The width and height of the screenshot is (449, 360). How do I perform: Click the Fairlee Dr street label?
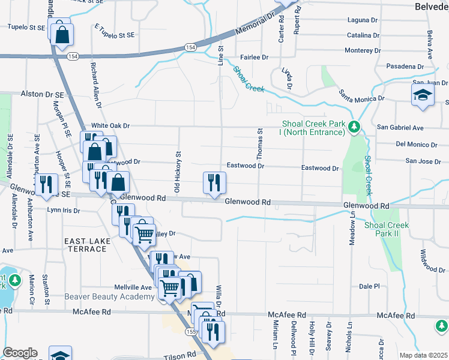tap(254, 58)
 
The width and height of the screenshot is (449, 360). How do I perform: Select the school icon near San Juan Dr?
tap(423, 94)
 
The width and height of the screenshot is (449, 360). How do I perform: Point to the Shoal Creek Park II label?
tap(387, 229)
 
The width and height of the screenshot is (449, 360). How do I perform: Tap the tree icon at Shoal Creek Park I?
tap(355, 126)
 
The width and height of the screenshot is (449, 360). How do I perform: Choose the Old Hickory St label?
tap(178, 172)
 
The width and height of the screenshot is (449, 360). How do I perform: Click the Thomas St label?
tap(260, 143)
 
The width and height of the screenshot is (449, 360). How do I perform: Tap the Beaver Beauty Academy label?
tap(109, 297)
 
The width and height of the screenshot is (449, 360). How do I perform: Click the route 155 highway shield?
tap(191, 331)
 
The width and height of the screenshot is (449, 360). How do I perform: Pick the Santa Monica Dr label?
tap(361, 95)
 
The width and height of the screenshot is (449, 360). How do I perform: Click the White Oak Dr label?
tap(110, 125)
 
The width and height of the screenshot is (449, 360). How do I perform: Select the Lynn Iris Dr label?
tap(64, 211)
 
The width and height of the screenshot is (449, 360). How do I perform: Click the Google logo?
tap(20, 353)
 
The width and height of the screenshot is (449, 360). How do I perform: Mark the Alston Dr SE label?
tap(42, 94)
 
